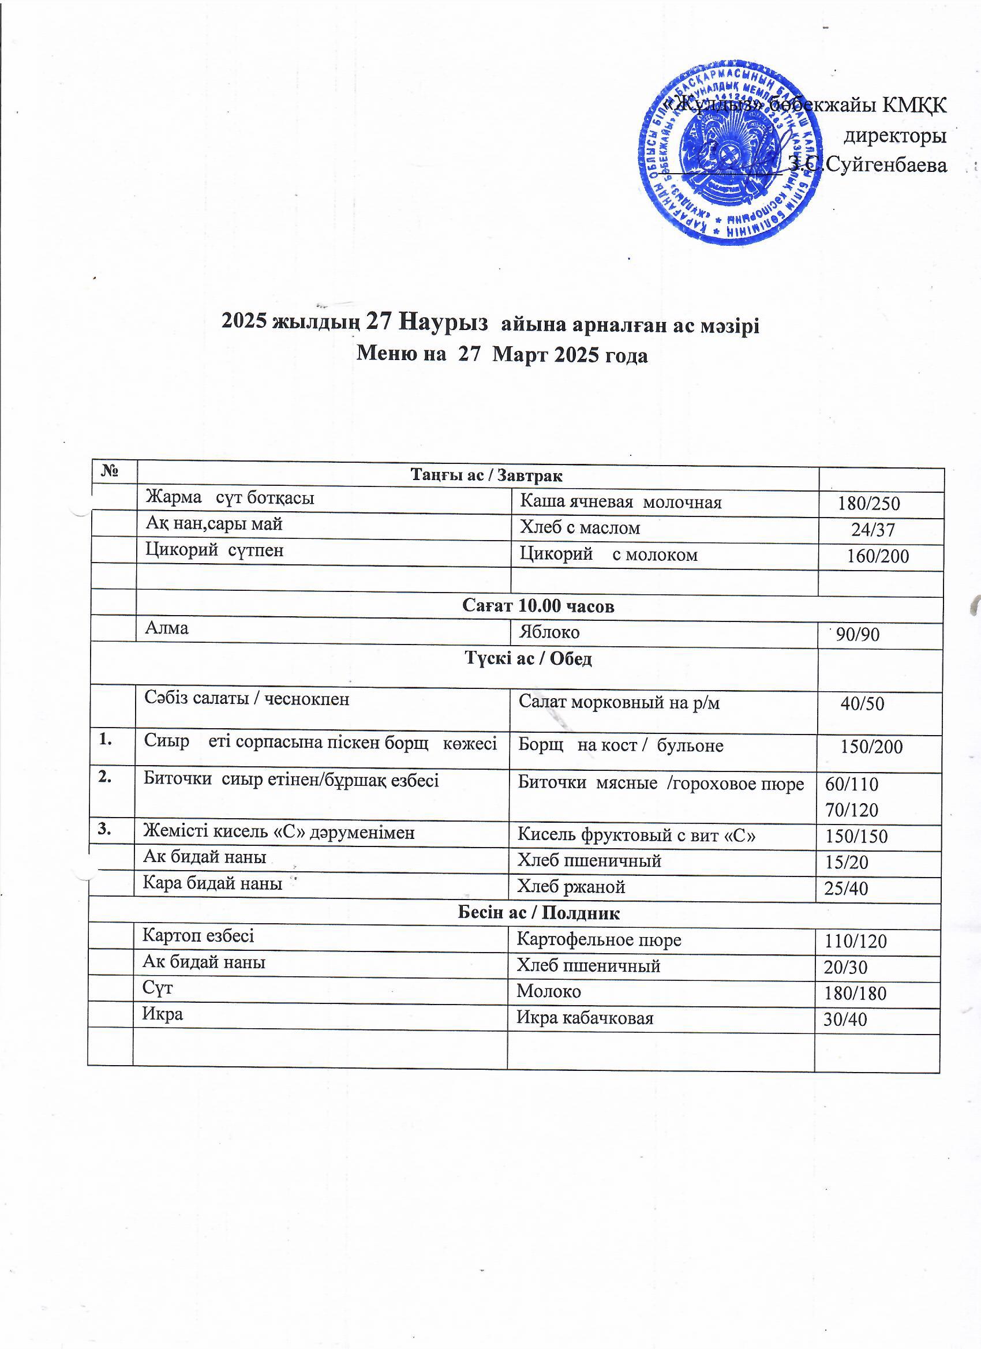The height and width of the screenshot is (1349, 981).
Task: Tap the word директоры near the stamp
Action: tap(896, 136)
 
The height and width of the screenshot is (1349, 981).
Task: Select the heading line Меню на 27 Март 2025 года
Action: tap(501, 355)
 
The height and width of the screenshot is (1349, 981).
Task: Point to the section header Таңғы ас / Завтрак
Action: tap(486, 475)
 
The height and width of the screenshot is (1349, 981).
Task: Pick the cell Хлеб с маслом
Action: tap(580, 527)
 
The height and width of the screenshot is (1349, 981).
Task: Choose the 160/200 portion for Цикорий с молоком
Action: tap(878, 556)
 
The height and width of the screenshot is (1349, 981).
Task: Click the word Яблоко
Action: tap(549, 632)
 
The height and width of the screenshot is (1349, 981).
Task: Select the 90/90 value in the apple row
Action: tap(858, 635)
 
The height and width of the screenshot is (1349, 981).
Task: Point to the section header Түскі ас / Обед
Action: tap(527, 658)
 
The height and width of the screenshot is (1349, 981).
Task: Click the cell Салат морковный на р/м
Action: tap(619, 703)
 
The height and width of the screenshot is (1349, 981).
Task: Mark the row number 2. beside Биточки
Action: tap(106, 778)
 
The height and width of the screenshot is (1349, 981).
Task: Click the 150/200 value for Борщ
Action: tap(871, 747)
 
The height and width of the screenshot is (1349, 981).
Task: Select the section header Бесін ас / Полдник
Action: tap(538, 913)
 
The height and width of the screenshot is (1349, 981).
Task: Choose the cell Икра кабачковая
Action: tap(585, 1018)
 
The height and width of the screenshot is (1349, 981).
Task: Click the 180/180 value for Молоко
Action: tap(855, 994)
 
